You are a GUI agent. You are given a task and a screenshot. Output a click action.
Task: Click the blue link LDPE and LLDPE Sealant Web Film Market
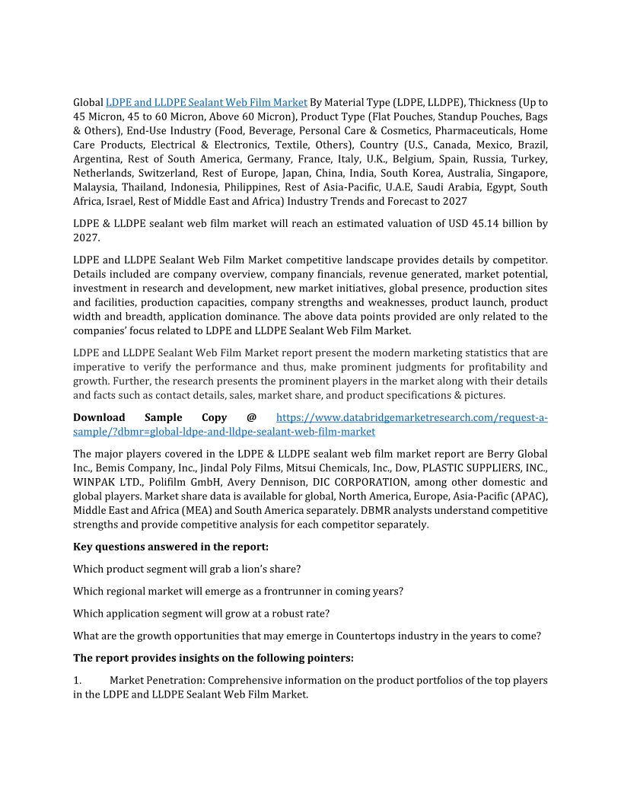[x=206, y=102]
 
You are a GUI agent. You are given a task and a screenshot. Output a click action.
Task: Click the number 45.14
[x=475, y=223]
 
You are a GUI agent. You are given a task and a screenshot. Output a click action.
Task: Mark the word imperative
[x=99, y=367]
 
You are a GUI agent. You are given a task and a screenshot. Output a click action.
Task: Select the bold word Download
[x=99, y=417]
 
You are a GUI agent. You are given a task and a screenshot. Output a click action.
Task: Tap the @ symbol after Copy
[x=251, y=417]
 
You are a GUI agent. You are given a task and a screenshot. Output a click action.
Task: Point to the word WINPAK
[x=94, y=483]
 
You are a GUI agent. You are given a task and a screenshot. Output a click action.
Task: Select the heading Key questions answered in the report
[x=170, y=547]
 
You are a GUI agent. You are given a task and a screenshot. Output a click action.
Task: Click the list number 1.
[x=77, y=679]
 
